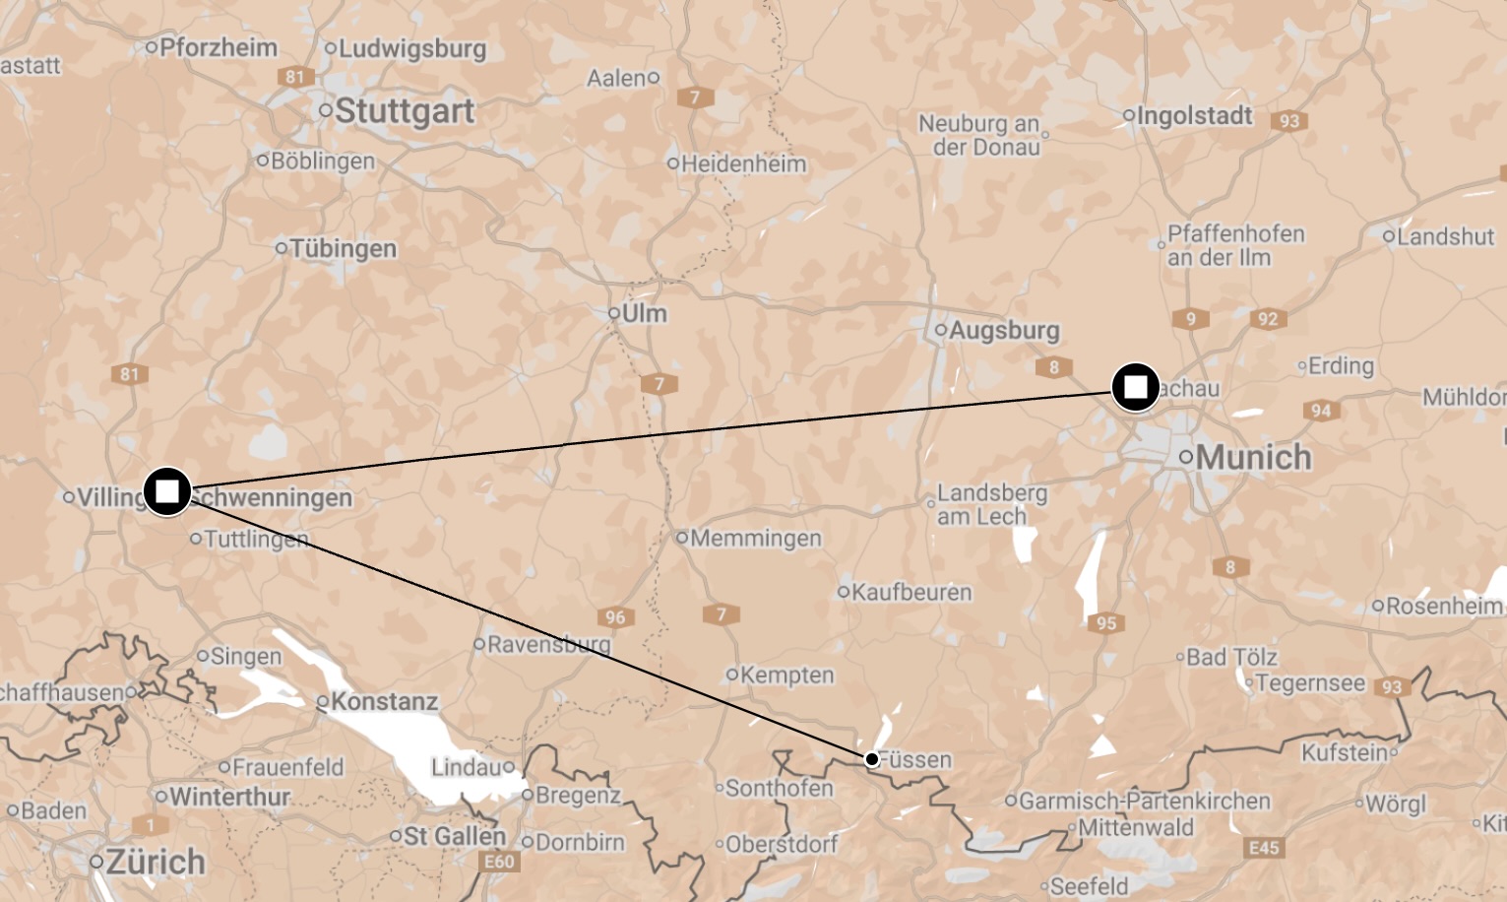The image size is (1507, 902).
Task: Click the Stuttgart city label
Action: (404, 111)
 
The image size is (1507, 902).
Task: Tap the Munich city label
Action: (1253, 457)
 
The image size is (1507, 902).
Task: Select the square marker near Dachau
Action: (1136, 386)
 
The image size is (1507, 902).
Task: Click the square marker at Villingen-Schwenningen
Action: (167, 490)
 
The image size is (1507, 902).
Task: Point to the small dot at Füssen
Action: (872, 759)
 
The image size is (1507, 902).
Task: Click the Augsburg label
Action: (1004, 330)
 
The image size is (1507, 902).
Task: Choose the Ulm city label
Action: (644, 313)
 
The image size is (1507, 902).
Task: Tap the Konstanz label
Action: (384, 701)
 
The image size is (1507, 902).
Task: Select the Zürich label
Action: (156, 862)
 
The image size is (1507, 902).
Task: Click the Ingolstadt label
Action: (1194, 115)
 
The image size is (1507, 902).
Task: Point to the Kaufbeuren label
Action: (910, 592)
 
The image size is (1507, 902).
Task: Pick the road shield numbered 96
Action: (615, 617)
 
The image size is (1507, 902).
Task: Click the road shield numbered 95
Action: (1106, 622)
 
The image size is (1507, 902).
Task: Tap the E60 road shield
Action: (499, 862)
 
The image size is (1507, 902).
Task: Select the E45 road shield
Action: (1264, 847)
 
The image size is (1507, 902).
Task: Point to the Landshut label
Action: (1445, 236)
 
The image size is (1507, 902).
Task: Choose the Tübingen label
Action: (343, 248)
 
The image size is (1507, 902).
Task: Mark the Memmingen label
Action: (755, 538)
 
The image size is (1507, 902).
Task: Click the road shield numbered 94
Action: (1321, 411)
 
